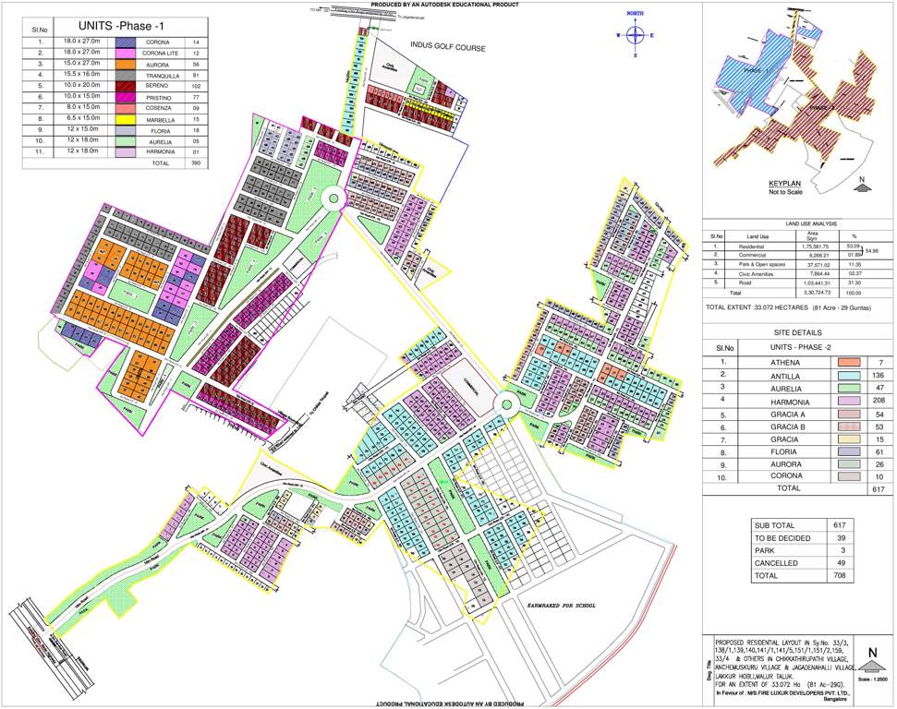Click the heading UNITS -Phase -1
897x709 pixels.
(117, 25)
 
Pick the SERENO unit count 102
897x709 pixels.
(195, 86)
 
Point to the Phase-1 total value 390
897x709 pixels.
(195, 162)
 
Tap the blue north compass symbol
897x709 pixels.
(636, 35)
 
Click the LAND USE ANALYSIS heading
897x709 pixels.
(798, 223)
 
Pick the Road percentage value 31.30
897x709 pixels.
(855, 282)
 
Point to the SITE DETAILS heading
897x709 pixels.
(798, 332)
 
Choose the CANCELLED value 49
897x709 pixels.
(840, 562)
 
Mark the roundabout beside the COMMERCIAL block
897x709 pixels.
(507, 402)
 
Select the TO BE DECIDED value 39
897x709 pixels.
(840, 537)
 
